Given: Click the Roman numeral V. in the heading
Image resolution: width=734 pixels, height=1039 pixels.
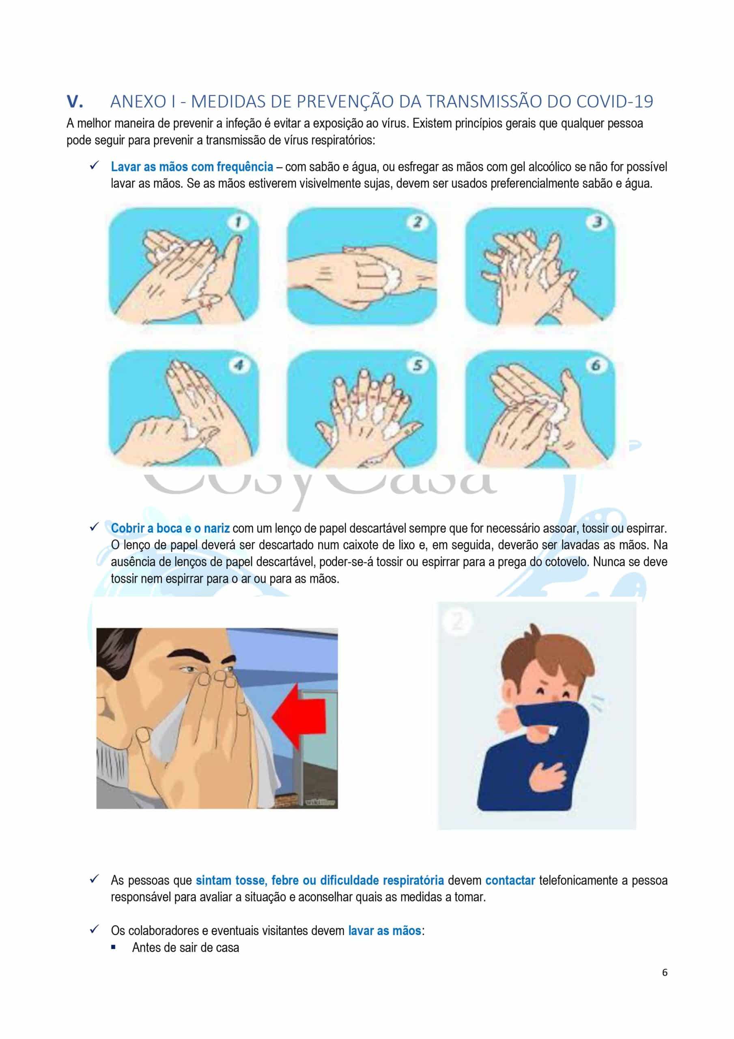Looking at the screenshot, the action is (x=75, y=101).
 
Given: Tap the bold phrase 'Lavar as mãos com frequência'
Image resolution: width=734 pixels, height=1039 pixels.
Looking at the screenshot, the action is (x=192, y=167).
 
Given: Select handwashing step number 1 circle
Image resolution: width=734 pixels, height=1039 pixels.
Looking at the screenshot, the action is (x=239, y=222).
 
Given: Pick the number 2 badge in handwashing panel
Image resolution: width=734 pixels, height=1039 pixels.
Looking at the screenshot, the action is (x=417, y=222).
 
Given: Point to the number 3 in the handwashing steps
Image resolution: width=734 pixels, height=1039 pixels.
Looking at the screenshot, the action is (x=596, y=222).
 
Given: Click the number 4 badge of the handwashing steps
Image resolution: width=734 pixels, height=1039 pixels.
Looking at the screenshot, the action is (x=239, y=365).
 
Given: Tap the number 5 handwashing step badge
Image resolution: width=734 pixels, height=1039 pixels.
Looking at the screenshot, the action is (x=417, y=365).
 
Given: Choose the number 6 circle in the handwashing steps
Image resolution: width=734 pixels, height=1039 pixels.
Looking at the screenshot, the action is (x=596, y=365).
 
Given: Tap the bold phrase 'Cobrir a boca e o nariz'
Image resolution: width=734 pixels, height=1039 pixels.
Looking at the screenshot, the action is (x=170, y=528).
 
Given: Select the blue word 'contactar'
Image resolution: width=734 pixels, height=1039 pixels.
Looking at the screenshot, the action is (x=510, y=880).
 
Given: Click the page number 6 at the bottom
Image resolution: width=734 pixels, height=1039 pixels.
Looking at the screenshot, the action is (x=664, y=972).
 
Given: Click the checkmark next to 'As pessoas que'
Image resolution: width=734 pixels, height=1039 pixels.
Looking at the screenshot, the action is (x=94, y=879).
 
